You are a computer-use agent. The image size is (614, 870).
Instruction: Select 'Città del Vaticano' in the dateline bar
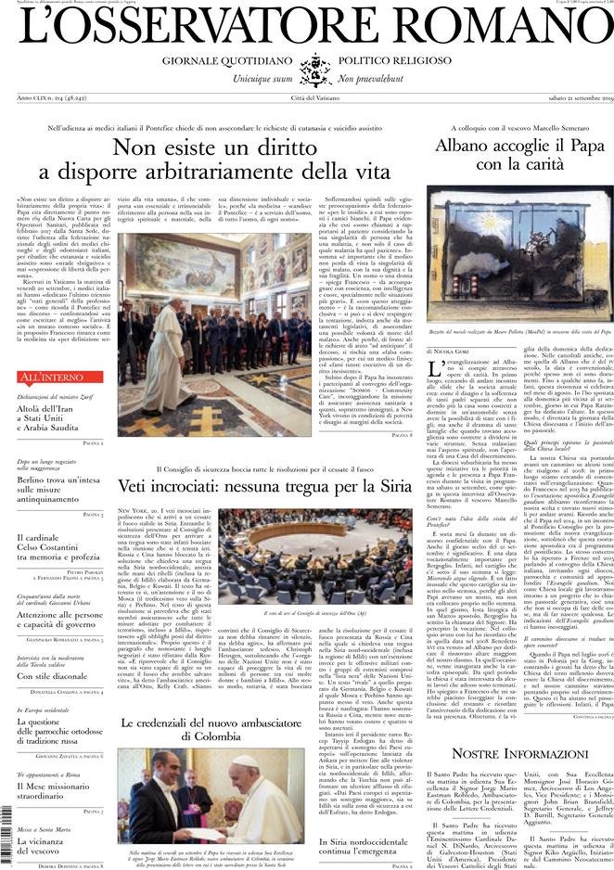pyautogui.click(x=307, y=97)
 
